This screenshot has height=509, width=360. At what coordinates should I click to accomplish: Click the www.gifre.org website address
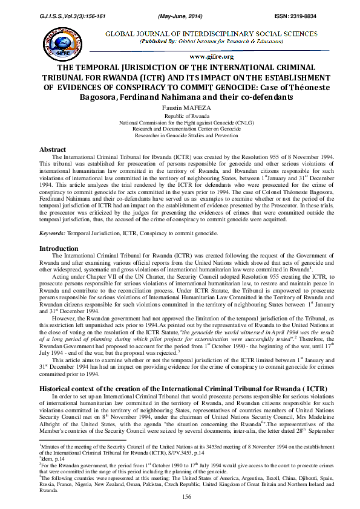[211, 56]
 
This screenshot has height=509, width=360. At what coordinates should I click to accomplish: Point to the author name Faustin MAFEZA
[180, 106]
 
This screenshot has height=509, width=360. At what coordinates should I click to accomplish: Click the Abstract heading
[53, 149]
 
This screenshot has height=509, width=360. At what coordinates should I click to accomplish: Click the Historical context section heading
[174, 370]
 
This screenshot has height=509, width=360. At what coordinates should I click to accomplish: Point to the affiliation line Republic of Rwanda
[180, 114]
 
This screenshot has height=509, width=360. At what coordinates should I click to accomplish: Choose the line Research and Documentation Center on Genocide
[180, 128]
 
